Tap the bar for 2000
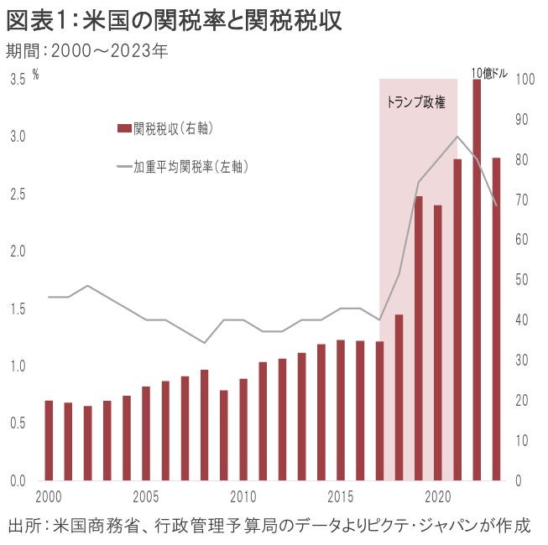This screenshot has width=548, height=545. pyautogui.click(x=49, y=440)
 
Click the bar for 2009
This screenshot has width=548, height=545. pyautogui.click(x=224, y=435)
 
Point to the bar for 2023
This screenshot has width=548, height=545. pyautogui.click(x=496, y=319)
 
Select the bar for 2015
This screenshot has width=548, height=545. pyautogui.click(x=340, y=410)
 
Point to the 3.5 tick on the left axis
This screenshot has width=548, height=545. pyautogui.click(x=18, y=80)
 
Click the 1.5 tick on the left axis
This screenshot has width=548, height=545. pyautogui.click(x=18, y=309)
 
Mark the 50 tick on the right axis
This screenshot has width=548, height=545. pyautogui.click(x=523, y=280)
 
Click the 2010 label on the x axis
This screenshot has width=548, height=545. pyautogui.click(x=243, y=496)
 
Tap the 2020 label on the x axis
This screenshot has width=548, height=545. pyautogui.click(x=437, y=496)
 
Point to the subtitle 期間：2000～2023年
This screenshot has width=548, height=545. pyautogui.click(x=87, y=50)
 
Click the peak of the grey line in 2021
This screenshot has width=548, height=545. pyautogui.click(x=457, y=136)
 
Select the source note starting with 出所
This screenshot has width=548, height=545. pyautogui.click(x=269, y=527)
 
